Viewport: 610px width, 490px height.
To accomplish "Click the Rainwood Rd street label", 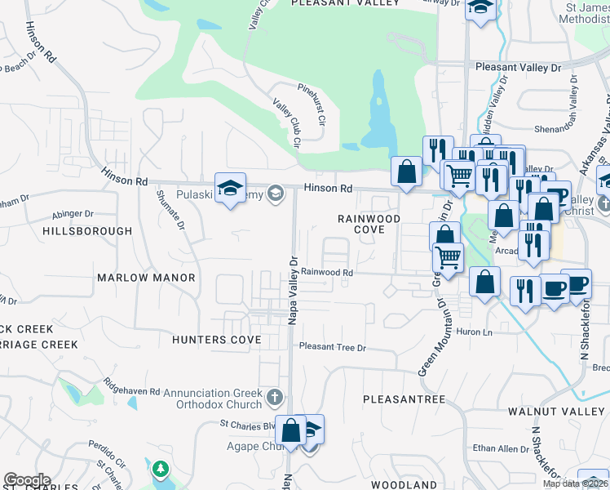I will click(327, 273).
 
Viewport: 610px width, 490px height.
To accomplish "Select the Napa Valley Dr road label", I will click(292, 290).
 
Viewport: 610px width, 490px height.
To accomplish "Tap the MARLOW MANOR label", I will click(146, 278).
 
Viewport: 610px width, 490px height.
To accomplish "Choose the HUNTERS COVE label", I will click(216, 339).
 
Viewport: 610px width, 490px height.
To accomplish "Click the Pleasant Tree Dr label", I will click(333, 347).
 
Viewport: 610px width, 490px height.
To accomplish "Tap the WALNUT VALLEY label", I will click(559, 411).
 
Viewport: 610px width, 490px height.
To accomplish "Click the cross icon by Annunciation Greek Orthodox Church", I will click(275, 398).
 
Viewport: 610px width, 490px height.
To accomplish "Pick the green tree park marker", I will click(161, 470).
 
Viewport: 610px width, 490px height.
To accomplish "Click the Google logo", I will click(27, 480).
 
